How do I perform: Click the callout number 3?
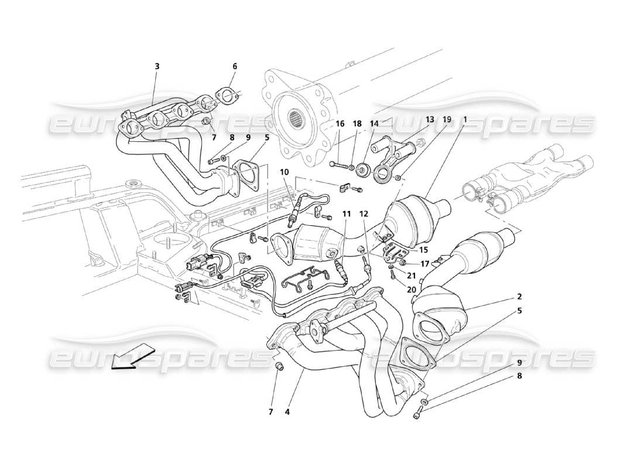point(157,66)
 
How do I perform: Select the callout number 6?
point(235,66)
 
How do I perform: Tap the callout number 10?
point(284,172)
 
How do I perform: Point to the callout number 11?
point(347,215)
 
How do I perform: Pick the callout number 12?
point(364,215)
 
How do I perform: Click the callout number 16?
point(340,124)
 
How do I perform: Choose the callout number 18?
point(357,124)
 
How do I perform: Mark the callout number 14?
point(374,124)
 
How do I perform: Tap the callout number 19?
point(447,120)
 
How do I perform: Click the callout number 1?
point(465,120)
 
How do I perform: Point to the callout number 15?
point(423,250)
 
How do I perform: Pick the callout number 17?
point(424,263)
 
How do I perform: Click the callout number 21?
point(412,276)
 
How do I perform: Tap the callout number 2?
point(519,297)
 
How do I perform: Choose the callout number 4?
point(287,412)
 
